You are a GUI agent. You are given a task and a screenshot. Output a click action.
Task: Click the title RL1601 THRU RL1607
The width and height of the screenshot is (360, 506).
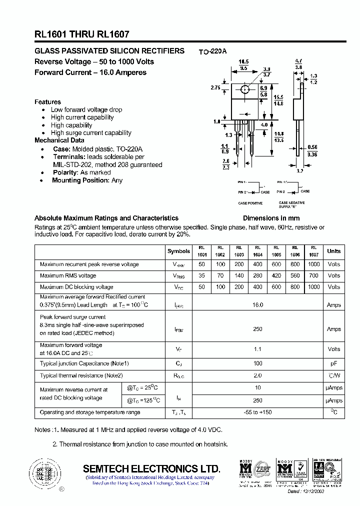coord(82,34)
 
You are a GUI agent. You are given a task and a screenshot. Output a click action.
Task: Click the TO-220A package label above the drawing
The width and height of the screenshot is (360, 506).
coord(212,51)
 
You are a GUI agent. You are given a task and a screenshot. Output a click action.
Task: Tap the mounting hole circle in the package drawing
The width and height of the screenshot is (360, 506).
coord(245,89)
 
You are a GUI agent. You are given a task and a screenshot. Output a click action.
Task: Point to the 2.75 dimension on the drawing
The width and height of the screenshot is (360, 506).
coord(216,87)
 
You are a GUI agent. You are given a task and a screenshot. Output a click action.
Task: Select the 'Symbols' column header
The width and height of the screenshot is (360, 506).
coord(178,251)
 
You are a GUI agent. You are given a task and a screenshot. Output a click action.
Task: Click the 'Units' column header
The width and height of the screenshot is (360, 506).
coord(334,251)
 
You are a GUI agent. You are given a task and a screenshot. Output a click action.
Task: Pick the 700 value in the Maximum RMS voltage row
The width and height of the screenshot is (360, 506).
coord(313,275)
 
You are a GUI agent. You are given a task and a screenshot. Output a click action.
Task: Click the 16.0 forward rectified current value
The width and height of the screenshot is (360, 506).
coord(257,304)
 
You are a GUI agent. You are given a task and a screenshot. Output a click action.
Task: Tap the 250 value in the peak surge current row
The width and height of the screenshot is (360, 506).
coord(257,329)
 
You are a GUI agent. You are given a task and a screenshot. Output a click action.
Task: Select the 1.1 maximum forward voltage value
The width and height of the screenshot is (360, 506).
coord(257,349)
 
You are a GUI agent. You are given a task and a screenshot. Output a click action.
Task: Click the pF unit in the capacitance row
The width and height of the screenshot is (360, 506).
coord(334,363)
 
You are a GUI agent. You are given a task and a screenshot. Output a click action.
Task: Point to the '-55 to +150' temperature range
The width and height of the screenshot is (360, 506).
coord(257,412)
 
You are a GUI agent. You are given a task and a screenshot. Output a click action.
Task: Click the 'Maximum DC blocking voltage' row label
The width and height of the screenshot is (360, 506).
coord(76,287)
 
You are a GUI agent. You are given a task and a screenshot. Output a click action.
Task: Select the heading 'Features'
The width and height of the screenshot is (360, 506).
coord(47,102)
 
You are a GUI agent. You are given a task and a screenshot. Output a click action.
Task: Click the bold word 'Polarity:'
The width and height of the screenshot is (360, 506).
coord(65,172)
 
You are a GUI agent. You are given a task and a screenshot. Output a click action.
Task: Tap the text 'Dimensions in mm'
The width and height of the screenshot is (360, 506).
coord(271,218)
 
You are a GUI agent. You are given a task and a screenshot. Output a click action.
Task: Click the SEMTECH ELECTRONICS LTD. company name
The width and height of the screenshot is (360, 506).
coord(151,468)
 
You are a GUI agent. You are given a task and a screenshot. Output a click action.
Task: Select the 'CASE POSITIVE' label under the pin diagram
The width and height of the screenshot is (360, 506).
coord(250,203)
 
